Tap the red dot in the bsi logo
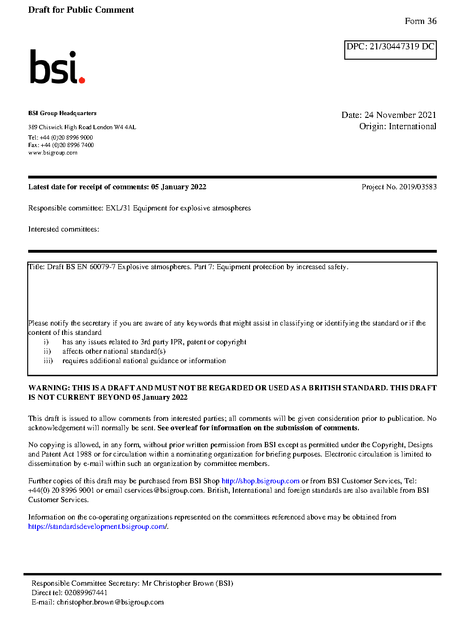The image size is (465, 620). [x=82, y=80]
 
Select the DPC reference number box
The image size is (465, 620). [x=390, y=50]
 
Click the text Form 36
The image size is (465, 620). [x=420, y=21]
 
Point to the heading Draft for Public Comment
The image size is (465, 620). [x=81, y=10]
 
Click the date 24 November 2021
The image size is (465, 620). [x=400, y=115]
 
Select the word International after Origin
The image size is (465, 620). [x=412, y=126]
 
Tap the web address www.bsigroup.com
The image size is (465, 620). [x=53, y=153]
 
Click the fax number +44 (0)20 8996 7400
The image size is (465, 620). [x=67, y=145]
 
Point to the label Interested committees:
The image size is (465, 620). [x=63, y=229]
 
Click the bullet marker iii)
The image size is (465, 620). [x=48, y=361]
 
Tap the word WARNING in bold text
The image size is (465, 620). [x=49, y=388]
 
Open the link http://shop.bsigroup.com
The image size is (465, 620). [x=260, y=481]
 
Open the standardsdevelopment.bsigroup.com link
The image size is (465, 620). [x=97, y=527]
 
